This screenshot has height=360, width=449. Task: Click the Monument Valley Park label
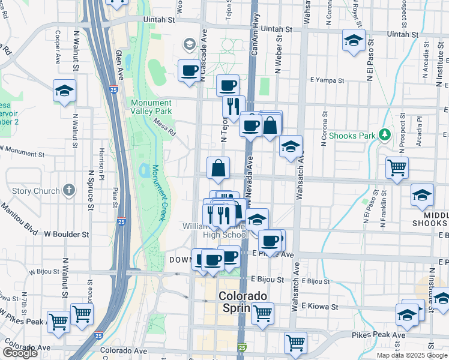pos(152,107)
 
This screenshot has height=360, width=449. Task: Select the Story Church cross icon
pos(69,191)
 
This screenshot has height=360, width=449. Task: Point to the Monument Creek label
pos(158,193)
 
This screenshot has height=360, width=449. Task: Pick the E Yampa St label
pos(327,80)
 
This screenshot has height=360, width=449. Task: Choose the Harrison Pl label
pos(102,164)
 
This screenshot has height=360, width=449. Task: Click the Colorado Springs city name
pos(242,302)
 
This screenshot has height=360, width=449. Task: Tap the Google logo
pos(20,353)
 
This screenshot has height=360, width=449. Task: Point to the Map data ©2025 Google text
pos(412,355)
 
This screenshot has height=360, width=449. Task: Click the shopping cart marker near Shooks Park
pos(397,168)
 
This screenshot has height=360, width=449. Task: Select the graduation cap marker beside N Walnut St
pos(64,91)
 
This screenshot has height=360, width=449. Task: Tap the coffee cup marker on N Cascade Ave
pos(190,71)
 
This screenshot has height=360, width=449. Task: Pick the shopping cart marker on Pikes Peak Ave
pos(295,343)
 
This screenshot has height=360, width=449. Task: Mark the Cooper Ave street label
pos(58,47)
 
